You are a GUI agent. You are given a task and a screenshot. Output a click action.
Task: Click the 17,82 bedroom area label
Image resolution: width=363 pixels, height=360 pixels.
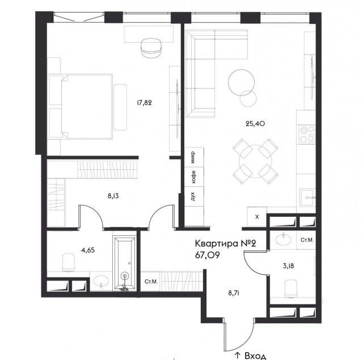144,103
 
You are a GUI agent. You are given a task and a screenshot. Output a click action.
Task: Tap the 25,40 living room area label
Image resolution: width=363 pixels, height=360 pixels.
255,124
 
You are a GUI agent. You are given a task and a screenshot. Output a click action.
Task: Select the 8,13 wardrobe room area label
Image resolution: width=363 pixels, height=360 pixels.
113,196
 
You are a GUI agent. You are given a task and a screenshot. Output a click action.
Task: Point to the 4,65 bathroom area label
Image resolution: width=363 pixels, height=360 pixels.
88,250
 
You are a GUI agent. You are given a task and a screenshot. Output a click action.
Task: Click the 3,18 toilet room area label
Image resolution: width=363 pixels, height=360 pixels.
289,266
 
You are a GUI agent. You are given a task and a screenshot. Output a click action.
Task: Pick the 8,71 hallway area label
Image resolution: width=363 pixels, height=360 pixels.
234,293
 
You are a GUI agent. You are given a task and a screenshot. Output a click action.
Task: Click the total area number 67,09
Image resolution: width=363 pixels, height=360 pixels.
208,255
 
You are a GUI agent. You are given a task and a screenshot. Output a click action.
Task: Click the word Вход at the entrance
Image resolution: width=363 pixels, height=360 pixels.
255,356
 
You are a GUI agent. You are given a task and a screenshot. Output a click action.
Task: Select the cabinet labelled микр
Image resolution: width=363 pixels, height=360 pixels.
195,157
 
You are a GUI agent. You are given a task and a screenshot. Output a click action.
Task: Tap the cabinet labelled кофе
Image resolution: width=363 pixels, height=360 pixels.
195,177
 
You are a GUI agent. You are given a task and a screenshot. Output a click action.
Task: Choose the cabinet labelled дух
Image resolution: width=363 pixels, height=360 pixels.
195,196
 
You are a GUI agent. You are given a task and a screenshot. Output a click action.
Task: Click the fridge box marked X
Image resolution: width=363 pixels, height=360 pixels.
257,217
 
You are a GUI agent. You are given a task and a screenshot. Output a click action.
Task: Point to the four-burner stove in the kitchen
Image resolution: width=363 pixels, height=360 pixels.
307,134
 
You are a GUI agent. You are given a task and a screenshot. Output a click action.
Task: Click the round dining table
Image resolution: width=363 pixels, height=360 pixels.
255,162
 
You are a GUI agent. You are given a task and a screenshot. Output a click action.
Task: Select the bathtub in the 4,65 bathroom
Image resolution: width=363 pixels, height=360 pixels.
125,263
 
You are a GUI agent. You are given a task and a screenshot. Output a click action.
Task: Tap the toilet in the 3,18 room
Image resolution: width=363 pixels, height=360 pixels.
291,288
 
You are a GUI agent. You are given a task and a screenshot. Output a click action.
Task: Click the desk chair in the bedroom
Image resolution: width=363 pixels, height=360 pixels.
151,48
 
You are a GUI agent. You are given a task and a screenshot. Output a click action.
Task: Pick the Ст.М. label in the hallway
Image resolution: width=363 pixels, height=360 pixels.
151,282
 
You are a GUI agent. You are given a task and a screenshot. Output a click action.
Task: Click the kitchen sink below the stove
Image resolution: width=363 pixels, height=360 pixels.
307,198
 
